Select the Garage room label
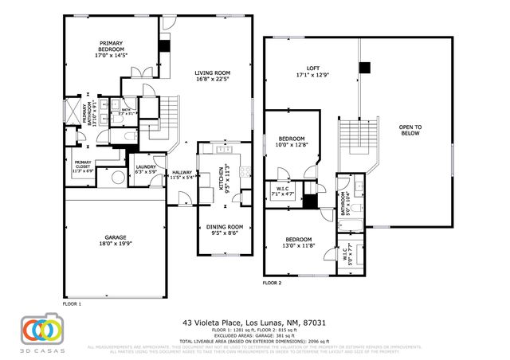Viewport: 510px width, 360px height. coord(115,237)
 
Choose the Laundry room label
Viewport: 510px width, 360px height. coord(145,169)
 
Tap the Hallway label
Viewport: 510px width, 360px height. coord(182,174)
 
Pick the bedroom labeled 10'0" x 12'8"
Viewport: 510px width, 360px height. coord(291,142)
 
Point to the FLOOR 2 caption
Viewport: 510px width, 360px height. coord(273,283)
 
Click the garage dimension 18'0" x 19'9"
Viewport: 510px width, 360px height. coord(115,243)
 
